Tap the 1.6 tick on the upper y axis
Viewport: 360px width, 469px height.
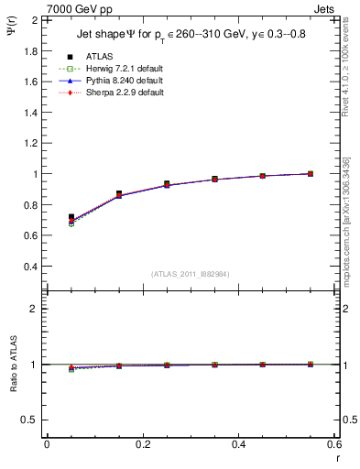pyautogui.click(x=30, y=82)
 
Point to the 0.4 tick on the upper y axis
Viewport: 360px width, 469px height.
pyautogui.click(x=30, y=267)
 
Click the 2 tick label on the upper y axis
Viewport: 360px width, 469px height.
pyautogui.click(x=35, y=19)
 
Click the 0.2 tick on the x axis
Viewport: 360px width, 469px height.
pyautogui.click(x=142, y=444)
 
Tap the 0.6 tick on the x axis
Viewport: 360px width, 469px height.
pyautogui.click(x=334, y=444)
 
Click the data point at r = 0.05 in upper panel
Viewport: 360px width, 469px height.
pyautogui.click(x=71, y=217)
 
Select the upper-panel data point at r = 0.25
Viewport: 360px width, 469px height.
pyautogui.click(x=167, y=184)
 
